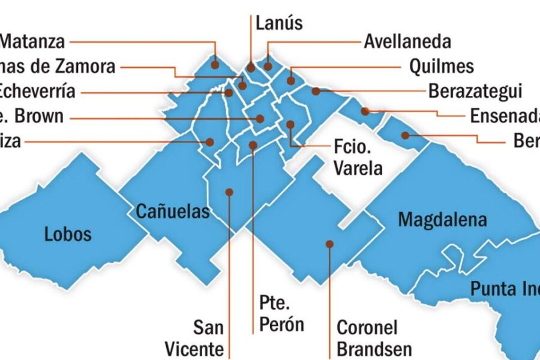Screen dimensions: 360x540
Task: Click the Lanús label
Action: [279, 23]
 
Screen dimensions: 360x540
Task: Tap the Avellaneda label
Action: [407, 42]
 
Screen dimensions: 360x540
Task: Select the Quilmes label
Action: [441, 66]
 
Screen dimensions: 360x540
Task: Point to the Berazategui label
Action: [475, 91]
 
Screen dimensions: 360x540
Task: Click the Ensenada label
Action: [504, 115]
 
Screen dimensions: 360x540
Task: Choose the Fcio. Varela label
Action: [358, 157]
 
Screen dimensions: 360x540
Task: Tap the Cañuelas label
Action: [173, 211]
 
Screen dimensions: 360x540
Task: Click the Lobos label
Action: [68, 233]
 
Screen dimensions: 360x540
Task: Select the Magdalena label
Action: [443, 220]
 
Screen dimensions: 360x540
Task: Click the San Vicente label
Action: [208, 338]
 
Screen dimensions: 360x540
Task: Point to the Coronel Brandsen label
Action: [374, 338]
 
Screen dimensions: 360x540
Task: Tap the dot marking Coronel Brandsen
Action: [329, 244]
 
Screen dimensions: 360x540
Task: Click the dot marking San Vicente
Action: [229, 192]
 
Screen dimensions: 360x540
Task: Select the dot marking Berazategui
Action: [315, 91]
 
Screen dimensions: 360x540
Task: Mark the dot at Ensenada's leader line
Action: [365, 111]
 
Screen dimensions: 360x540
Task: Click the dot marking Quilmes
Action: [291, 80]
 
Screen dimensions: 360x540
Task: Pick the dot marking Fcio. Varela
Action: [290, 125]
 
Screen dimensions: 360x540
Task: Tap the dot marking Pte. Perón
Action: [253, 145]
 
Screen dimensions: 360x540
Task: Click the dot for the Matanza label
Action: [215, 61]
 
